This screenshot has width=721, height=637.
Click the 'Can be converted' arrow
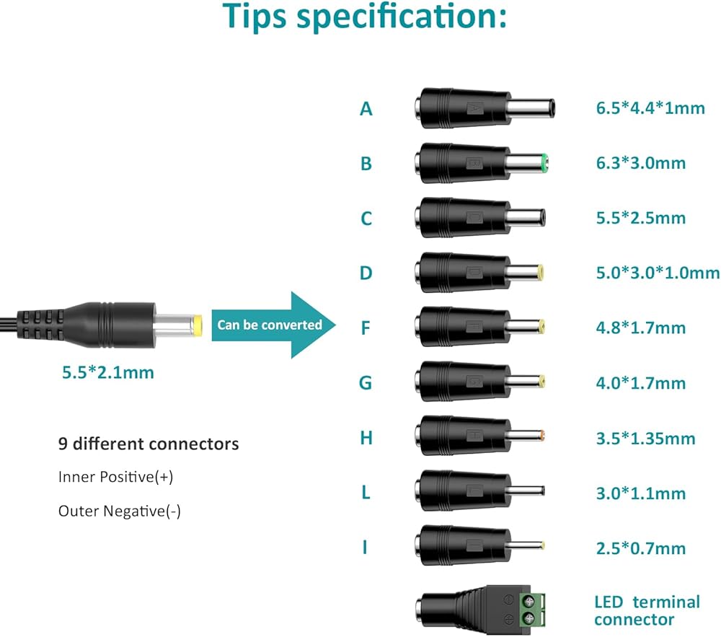[x=273, y=325]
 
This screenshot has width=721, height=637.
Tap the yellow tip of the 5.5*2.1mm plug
[x=198, y=325]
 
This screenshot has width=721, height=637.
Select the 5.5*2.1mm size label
[x=108, y=372]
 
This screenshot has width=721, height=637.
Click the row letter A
[x=366, y=108]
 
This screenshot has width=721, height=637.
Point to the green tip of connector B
[x=545, y=163]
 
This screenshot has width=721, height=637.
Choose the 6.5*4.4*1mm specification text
[x=650, y=108]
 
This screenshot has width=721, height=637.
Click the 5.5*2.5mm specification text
[x=640, y=218]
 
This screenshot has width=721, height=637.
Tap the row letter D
[x=366, y=273]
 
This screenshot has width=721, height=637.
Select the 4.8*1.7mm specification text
[x=640, y=328]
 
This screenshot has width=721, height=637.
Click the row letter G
[x=366, y=382]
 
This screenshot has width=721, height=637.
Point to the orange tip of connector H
[x=543, y=436]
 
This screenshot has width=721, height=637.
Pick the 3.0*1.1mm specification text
[x=640, y=493]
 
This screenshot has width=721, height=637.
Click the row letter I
[x=365, y=548]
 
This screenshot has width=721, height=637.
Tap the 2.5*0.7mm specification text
[x=640, y=548]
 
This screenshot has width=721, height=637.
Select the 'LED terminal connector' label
[x=647, y=610]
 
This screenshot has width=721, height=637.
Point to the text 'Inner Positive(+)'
[x=116, y=477]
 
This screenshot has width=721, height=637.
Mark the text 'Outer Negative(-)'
[x=120, y=511]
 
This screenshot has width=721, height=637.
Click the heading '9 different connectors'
[x=149, y=444]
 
